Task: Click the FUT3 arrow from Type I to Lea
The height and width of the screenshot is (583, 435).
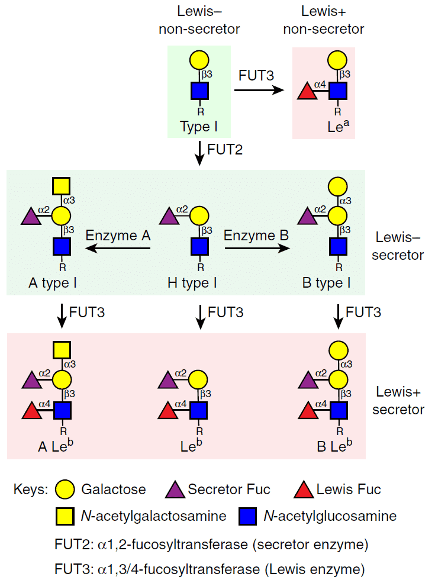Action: click(x=257, y=91)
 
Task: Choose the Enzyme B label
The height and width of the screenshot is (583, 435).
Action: click(x=256, y=235)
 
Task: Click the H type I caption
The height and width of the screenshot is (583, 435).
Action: click(x=192, y=283)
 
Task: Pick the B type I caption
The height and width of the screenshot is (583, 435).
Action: click(x=326, y=283)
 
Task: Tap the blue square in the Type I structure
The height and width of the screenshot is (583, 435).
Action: click(x=199, y=91)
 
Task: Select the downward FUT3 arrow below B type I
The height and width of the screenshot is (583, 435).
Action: click(x=338, y=315)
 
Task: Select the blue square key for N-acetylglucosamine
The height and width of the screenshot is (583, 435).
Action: click(x=247, y=516)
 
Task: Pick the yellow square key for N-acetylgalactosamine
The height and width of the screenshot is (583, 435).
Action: click(x=65, y=516)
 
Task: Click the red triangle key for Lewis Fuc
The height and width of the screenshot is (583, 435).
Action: click(x=304, y=489)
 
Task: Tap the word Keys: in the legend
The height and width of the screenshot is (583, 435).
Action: click(x=31, y=490)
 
